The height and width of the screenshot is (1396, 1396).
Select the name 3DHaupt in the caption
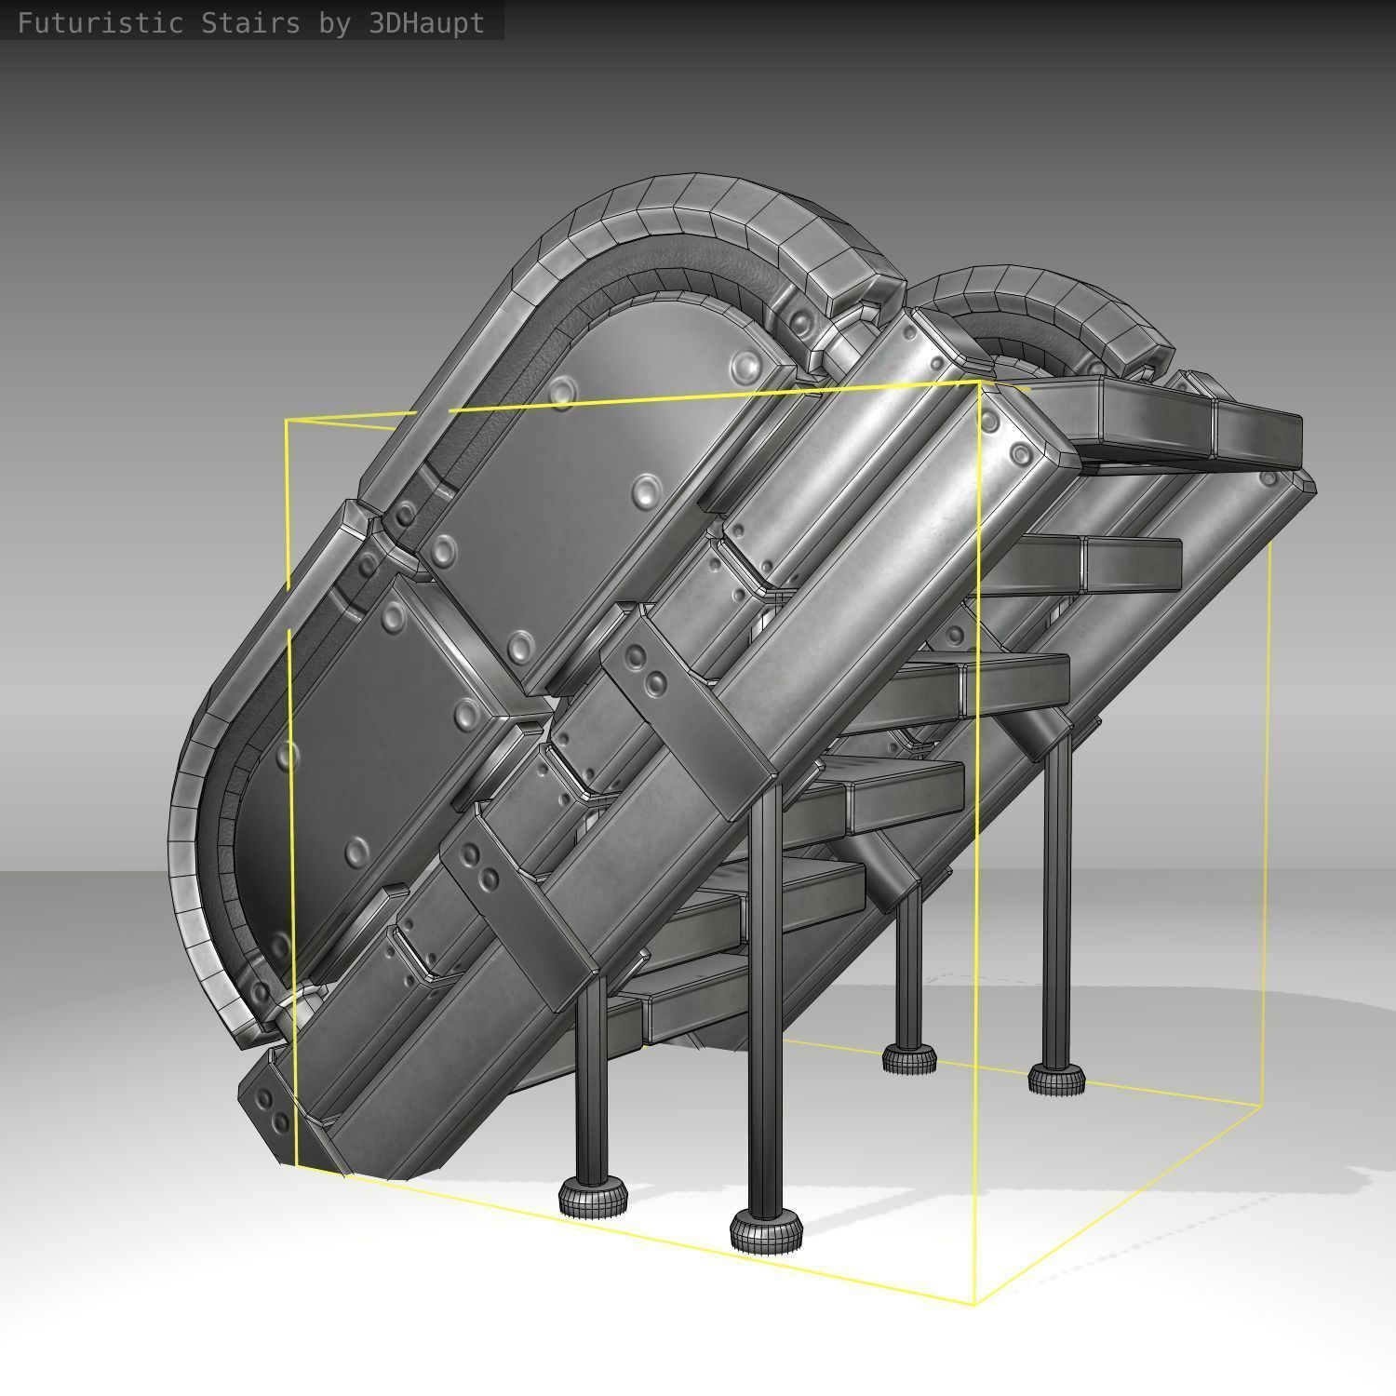tap(426, 22)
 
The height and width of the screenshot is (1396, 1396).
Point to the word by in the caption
tap(334, 22)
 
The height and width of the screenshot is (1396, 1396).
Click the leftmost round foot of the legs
tap(593, 1199)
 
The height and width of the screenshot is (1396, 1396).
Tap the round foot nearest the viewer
tap(766, 1230)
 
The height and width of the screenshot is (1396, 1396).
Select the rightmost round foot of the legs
tap(1056, 1078)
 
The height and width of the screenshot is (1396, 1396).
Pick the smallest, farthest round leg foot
tap(909, 1058)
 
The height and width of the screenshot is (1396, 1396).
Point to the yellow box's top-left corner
tap(287, 422)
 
